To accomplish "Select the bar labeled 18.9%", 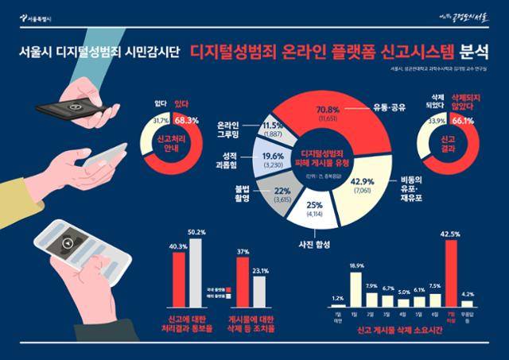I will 356,289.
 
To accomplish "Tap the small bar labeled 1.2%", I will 339,305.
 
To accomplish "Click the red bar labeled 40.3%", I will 179,279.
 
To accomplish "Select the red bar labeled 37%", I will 243,281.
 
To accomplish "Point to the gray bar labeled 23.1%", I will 259,291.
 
